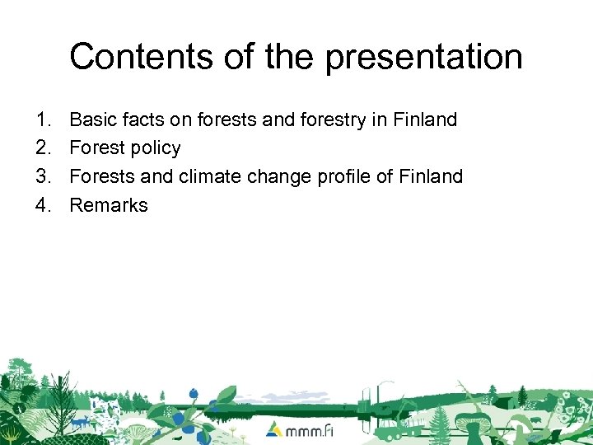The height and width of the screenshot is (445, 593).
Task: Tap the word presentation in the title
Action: tap(423, 57)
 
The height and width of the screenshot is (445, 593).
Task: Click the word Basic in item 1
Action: tap(92, 119)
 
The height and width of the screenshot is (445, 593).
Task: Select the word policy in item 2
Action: tap(158, 148)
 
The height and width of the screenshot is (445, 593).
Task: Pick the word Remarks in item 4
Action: tap(109, 205)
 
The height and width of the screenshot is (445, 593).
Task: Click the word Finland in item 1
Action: tap(425, 119)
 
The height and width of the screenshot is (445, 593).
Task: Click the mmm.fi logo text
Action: tap(311, 430)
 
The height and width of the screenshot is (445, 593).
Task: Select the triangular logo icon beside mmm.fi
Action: tap(275, 429)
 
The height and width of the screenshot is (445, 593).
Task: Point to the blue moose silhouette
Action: tap(81, 422)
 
